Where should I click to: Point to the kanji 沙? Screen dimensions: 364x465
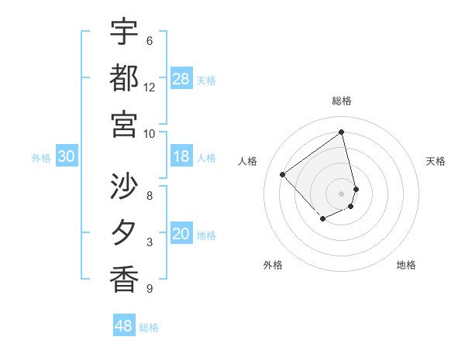(x=124, y=186)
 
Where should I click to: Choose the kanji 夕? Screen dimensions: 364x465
(x=124, y=232)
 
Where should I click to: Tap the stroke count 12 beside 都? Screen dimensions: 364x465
(x=150, y=87)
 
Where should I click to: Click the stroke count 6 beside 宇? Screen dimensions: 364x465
(x=150, y=40)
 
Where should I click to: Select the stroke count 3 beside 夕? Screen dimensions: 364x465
(x=150, y=242)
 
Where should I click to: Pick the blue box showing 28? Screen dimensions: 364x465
(x=181, y=78)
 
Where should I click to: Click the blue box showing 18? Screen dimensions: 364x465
(x=181, y=157)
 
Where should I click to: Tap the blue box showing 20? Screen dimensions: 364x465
(x=181, y=235)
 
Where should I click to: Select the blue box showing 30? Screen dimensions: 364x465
(x=66, y=157)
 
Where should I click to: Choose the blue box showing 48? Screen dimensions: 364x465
(x=123, y=326)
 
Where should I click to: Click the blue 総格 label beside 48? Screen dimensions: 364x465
(x=149, y=328)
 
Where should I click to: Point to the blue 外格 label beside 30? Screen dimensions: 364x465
(x=41, y=158)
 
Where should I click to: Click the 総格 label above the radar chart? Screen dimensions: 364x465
(x=342, y=101)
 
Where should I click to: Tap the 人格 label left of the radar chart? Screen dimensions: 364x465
(x=248, y=161)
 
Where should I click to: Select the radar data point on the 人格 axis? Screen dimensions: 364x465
(x=283, y=174)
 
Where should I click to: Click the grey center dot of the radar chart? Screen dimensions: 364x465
(x=342, y=193)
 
